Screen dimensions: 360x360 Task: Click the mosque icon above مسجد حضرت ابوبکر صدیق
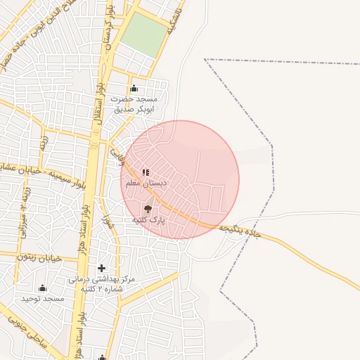134,89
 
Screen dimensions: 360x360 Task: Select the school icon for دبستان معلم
146,172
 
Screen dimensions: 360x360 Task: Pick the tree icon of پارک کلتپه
148,208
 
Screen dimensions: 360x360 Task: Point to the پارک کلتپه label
148,220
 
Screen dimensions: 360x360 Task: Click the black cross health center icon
102,268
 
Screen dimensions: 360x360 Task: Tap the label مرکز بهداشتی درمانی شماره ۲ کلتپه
101,283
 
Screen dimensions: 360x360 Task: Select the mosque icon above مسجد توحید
42,288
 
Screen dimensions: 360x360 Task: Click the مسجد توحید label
42,299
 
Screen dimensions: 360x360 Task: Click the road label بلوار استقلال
96,105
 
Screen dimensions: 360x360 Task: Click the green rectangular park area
145,34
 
